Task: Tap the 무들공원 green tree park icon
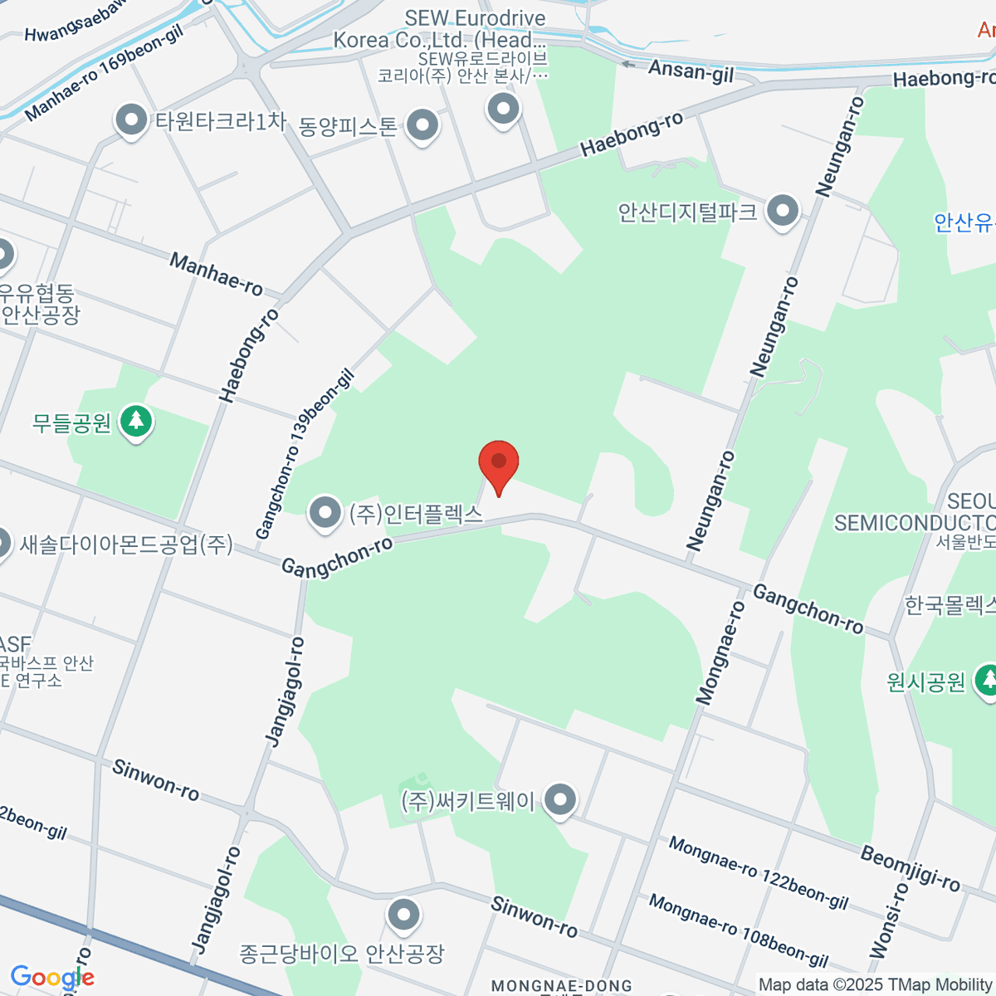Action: [136, 421]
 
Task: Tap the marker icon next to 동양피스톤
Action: [423, 126]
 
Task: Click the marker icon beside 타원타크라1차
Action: [131, 120]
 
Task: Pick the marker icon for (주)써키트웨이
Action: [561, 800]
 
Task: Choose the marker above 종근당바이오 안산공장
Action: [404, 915]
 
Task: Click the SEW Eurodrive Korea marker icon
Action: [502, 108]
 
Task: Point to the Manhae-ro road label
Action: [216, 274]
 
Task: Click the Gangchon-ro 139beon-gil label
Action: [305, 454]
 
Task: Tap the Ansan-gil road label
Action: [691, 71]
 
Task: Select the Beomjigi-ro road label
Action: [910, 867]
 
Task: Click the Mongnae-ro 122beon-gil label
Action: [759, 873]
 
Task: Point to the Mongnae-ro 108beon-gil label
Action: [739, 930]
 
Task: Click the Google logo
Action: [52, 978]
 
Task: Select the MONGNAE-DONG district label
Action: [562, 986]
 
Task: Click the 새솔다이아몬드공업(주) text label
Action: [126, 544]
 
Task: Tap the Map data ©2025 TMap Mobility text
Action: [876, 985]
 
